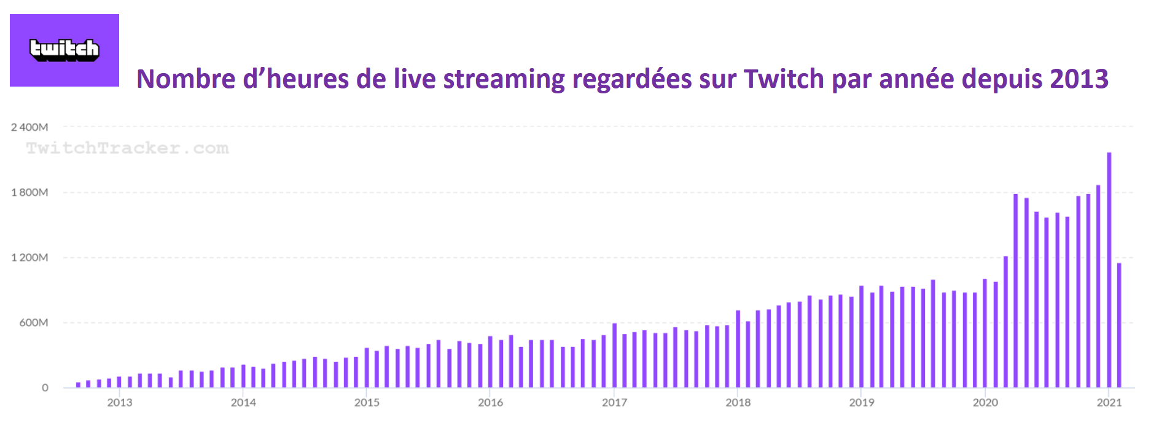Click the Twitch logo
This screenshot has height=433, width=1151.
pos(64,50)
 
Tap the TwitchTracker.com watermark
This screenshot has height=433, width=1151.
pos(127,148)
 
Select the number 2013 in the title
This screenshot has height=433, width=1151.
pos(1079,79)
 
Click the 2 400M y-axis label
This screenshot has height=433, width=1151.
pos(29,127)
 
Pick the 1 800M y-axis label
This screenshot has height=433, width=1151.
pos(29,192)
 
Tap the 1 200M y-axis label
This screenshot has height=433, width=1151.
pos(29,257)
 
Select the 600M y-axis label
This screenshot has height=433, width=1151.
pos(34,322)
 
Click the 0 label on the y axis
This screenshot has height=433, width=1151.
pos(45,388)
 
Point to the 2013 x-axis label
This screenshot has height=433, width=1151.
pos(120,402)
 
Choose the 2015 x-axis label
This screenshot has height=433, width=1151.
pos(367,402)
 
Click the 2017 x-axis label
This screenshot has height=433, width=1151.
pos(614,402)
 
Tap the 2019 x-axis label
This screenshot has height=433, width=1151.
pos(862,402)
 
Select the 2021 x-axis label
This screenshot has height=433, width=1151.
pos(1109,402)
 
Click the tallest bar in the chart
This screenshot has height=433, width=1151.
pos(1109,270)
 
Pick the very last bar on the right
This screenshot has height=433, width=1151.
pos(1119,326)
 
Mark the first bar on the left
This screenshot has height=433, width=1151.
pos(78,384)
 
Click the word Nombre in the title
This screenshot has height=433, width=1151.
pos(186,79)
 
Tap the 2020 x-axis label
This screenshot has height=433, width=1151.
pos(985,402)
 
